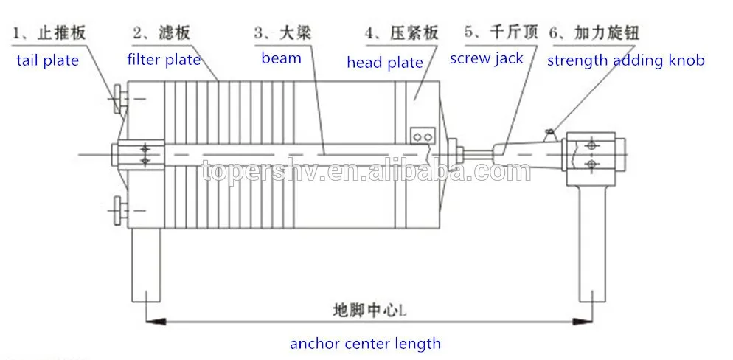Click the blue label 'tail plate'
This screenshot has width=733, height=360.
coord(47,60)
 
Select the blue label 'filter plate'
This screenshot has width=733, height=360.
coord(163,59)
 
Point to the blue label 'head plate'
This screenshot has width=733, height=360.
coord(385,63)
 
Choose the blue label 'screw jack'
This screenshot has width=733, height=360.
coord(487,58)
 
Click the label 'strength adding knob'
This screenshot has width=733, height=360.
coord(625,60)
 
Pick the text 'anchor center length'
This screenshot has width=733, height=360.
coord(365,343)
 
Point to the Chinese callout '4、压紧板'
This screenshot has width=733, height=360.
coord(402,33)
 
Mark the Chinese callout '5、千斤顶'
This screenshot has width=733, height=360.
coord(501,32)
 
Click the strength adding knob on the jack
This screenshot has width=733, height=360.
coord(549,133)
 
